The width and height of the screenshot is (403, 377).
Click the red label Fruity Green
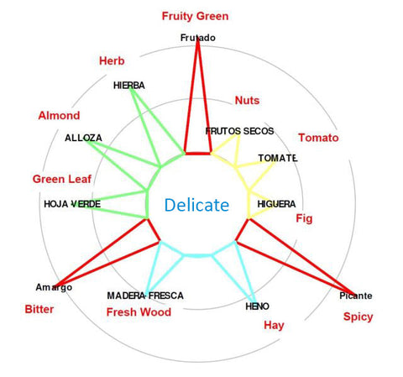coord(195,16)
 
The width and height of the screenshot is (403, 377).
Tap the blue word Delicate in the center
coord(196,205)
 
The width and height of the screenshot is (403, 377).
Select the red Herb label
coord(112,60)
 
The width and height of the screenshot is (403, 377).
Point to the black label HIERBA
coord(129,86)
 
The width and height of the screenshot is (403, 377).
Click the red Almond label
coord(59,115)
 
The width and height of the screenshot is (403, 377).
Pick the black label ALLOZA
coord(83,138)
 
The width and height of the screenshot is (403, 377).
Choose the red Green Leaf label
coord(62,179)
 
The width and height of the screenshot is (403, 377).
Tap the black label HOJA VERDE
coord(72,204)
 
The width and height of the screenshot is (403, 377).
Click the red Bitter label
coord(39,309)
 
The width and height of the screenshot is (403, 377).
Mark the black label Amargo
coord(54,287)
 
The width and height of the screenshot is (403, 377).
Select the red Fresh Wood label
coord(139,312)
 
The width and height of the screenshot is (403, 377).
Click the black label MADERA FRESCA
coord(145,296)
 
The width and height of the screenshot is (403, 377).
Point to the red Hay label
coord(274,325)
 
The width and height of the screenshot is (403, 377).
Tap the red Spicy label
coord(359,317)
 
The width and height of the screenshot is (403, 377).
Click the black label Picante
coord(356,296)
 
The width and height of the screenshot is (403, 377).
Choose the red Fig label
coord(304,218)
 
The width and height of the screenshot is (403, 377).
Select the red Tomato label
coord(318,138)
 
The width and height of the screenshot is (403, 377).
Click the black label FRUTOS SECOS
coord(239,131)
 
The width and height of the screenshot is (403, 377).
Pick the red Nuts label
coord(247,101)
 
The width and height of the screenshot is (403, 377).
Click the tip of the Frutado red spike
coord(198,39)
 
